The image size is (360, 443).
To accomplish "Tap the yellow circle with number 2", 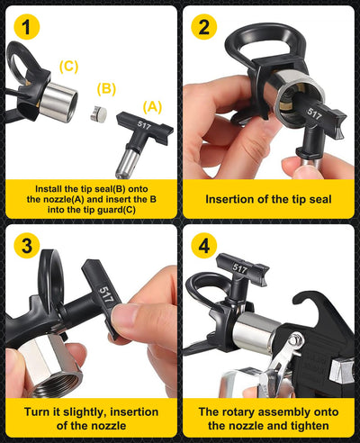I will [205, 29].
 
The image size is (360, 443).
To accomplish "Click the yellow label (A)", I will [153, 106].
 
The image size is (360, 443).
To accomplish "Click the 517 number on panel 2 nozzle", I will [313, 115].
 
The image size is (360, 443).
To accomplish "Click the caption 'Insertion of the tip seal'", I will [269, 199].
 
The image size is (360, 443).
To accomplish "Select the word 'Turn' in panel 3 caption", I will [39, 411].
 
